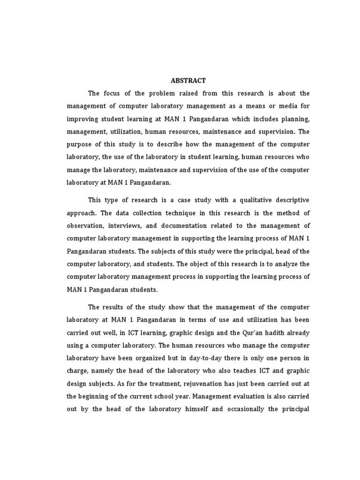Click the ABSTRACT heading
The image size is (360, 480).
[187, 81]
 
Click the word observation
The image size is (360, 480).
[87, 225]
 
